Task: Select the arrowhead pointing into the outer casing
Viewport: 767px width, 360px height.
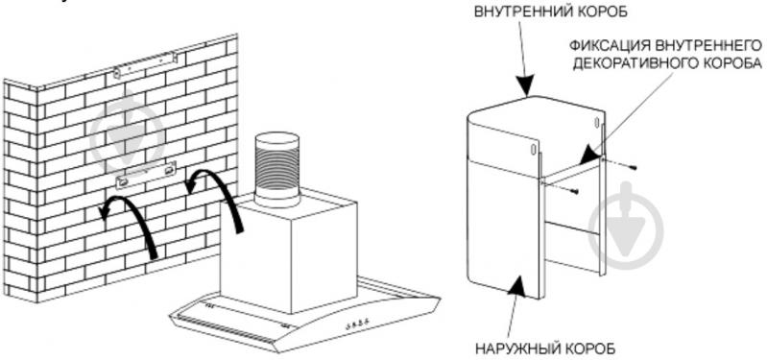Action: click(519, 284)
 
